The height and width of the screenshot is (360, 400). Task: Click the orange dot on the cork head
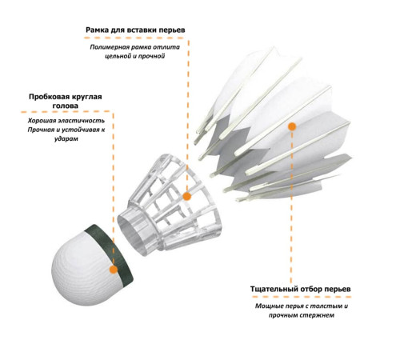tap(114, 270)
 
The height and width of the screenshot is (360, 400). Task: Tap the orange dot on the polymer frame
tap(187, 197)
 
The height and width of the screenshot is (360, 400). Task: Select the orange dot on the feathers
tap(292, 126)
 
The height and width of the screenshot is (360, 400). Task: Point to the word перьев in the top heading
tap(172, 30)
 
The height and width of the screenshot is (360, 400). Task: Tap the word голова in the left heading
tap(66, 106)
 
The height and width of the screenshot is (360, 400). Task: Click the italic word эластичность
tap(82, 121)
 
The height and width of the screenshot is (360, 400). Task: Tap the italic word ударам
tap(66, 139)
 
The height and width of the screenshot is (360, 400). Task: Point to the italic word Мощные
tap(269, 306)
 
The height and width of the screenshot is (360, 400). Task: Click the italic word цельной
tap(118, 56)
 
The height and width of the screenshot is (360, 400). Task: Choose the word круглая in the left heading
tap(88, 97)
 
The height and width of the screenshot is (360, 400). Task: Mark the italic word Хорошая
tap(42, 121)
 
